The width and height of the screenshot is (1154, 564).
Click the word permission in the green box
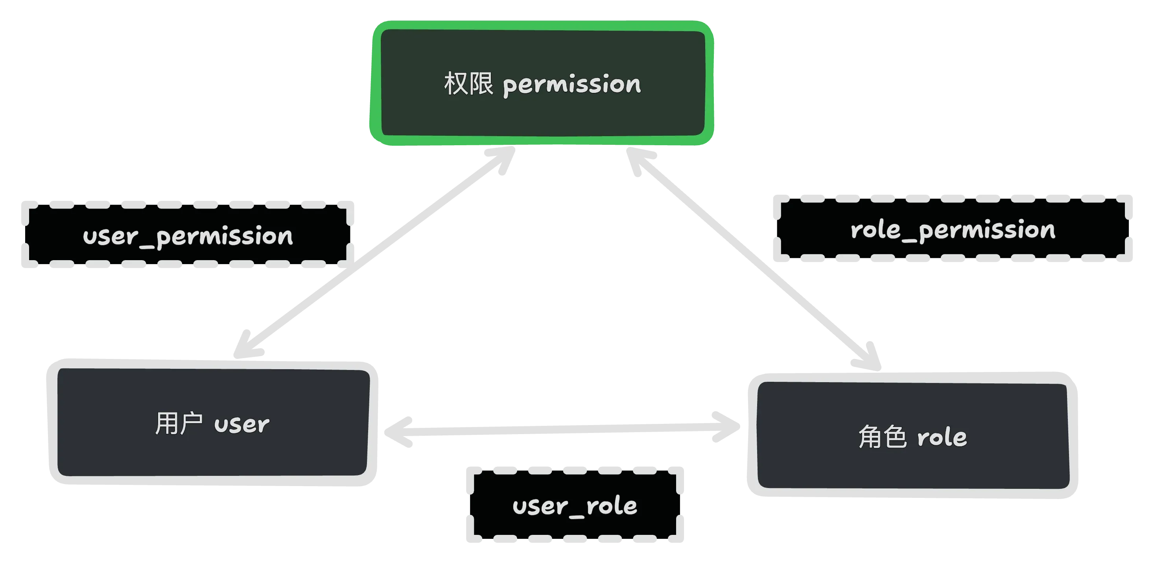pyautogui.click(x=571, y=85)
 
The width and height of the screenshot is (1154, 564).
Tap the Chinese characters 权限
pyautogui.click(x=468, y=83)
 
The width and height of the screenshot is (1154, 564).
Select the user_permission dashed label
pyautogui.click(x=187, y=235)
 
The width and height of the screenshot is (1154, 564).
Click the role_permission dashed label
pyautogui.click(x=952, y=230)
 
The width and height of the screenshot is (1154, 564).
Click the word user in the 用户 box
pyautogui.click(x=241, y=424)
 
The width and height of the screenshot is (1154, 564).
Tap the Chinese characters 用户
pyautogui.click(x=178, y=423)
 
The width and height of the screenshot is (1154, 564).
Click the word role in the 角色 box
pyautogui.click(x=942, y=437)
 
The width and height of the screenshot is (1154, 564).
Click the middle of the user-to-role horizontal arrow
pyautogui.click(x=562, y=429)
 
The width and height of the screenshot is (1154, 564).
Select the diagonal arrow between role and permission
pyautogui.click(x=752, y=260)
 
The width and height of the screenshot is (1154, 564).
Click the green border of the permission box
pyautogui.click(x=542, y=25)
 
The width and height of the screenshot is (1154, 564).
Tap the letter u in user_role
pyautogui.click(x=520, y=507)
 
